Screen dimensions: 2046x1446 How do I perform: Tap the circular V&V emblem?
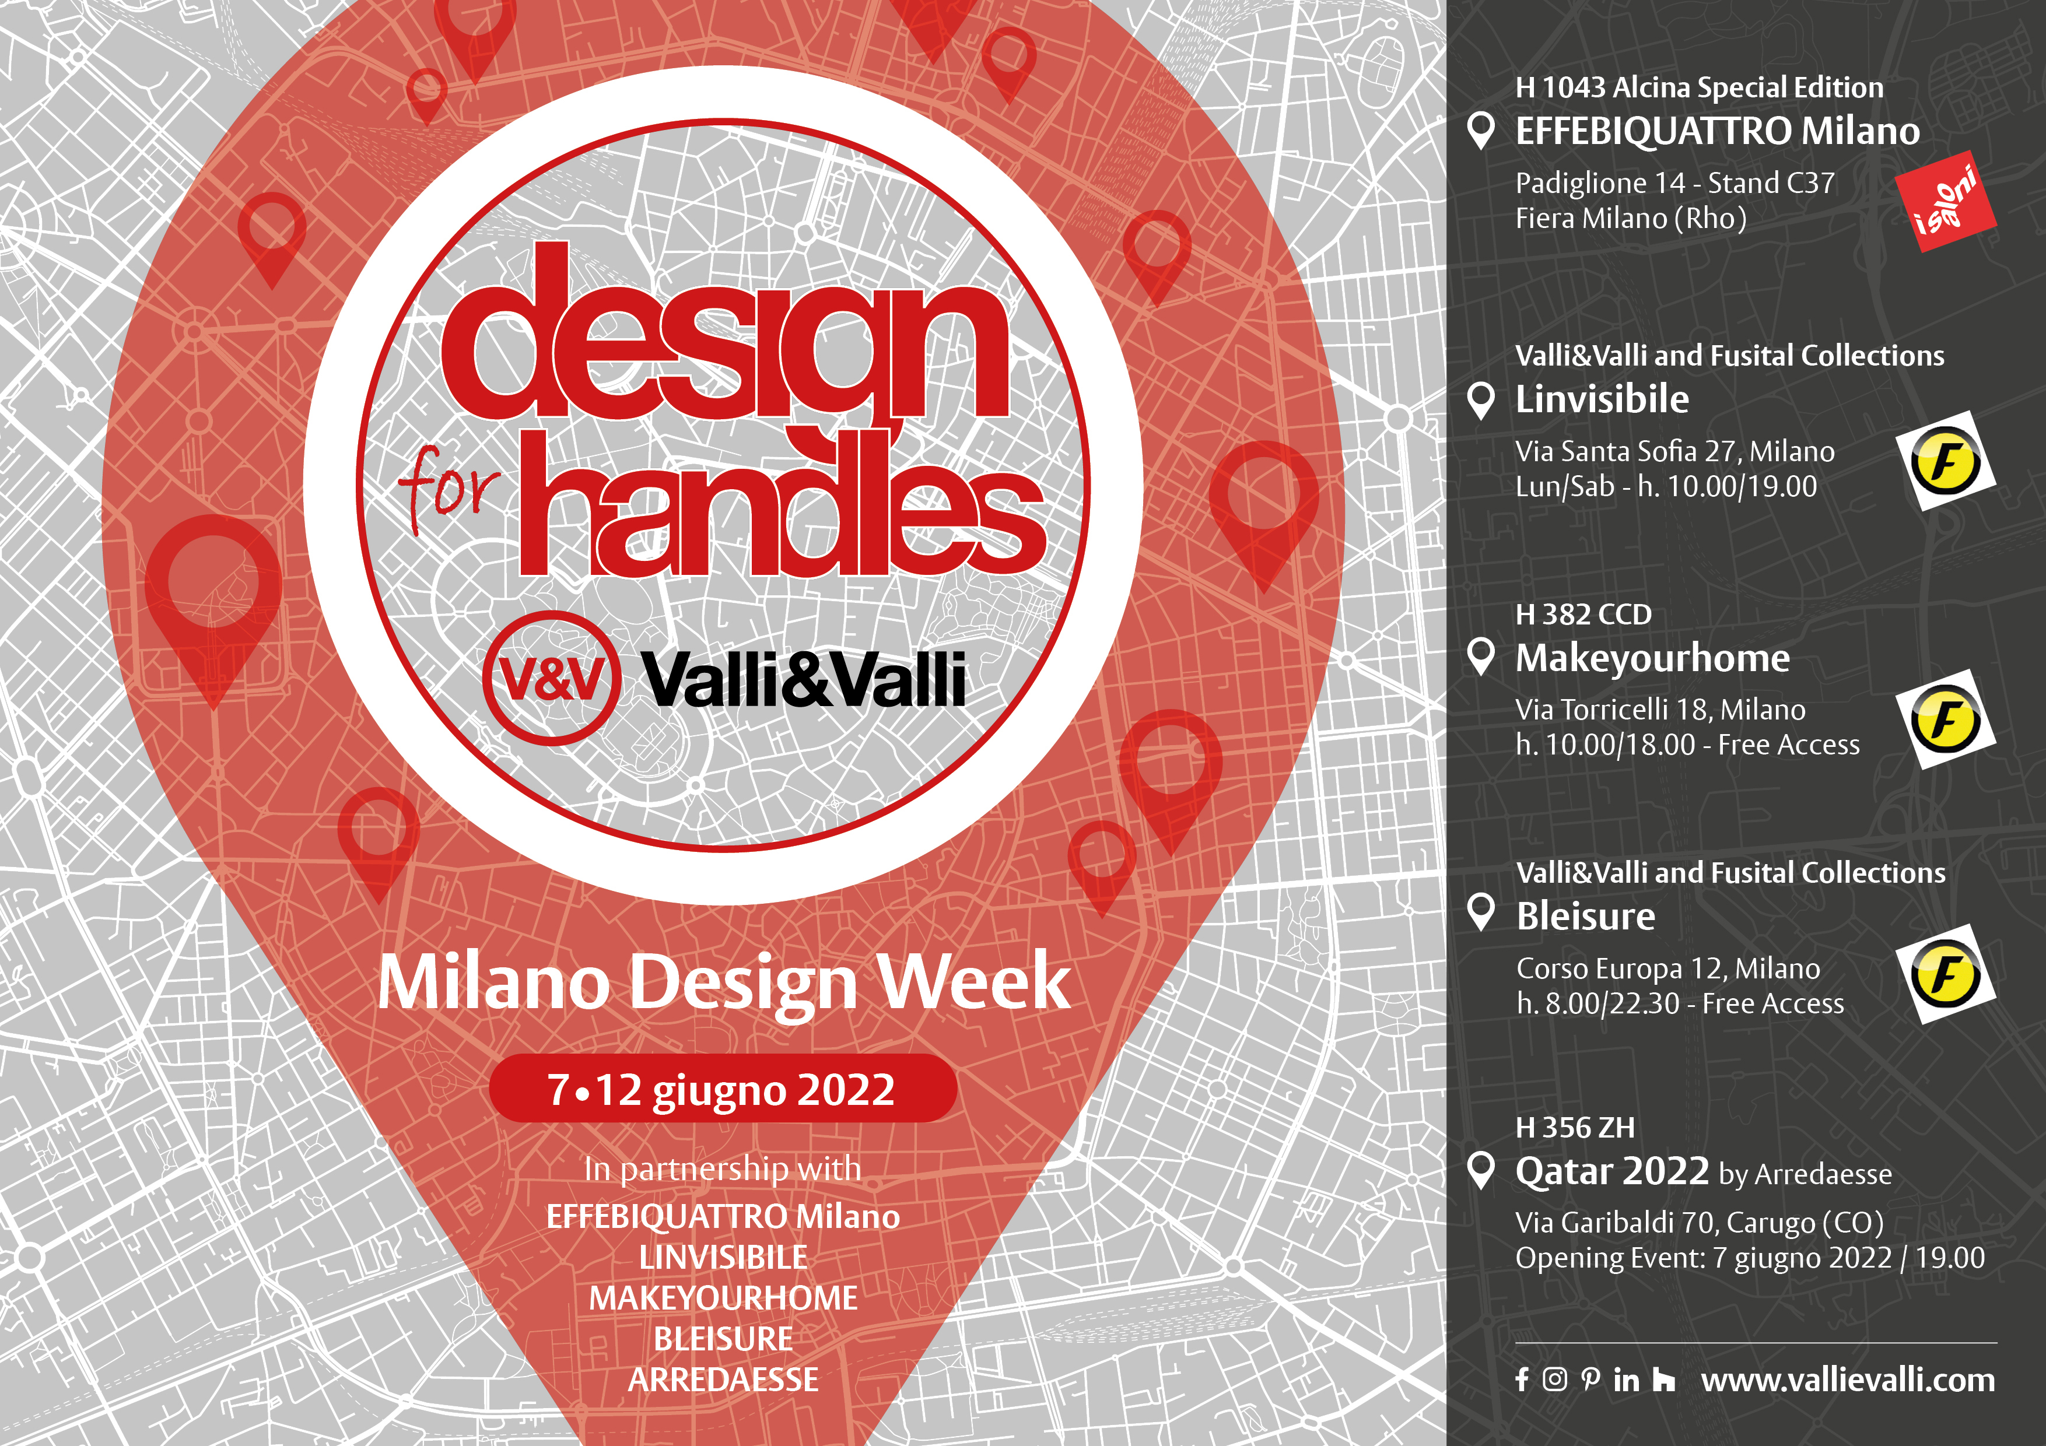552,678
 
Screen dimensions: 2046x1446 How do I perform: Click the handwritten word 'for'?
449,488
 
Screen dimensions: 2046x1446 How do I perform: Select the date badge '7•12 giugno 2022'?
723,1089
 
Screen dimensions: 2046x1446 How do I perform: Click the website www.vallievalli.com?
1847,1380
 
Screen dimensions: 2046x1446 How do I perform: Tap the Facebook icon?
1522,1380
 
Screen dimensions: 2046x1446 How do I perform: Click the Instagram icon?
1554,1380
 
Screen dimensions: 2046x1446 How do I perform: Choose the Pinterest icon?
1590,1380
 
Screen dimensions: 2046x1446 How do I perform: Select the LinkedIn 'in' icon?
1626,1381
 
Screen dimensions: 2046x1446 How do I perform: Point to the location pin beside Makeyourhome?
1481,657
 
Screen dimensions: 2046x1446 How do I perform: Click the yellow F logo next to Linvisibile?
1945,461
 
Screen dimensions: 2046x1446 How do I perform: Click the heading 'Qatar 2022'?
1612,1171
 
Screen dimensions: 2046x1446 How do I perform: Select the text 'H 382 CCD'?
1583,615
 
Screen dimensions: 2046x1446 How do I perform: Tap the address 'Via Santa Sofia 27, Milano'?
1675,452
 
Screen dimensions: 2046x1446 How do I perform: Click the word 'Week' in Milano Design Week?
974,982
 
